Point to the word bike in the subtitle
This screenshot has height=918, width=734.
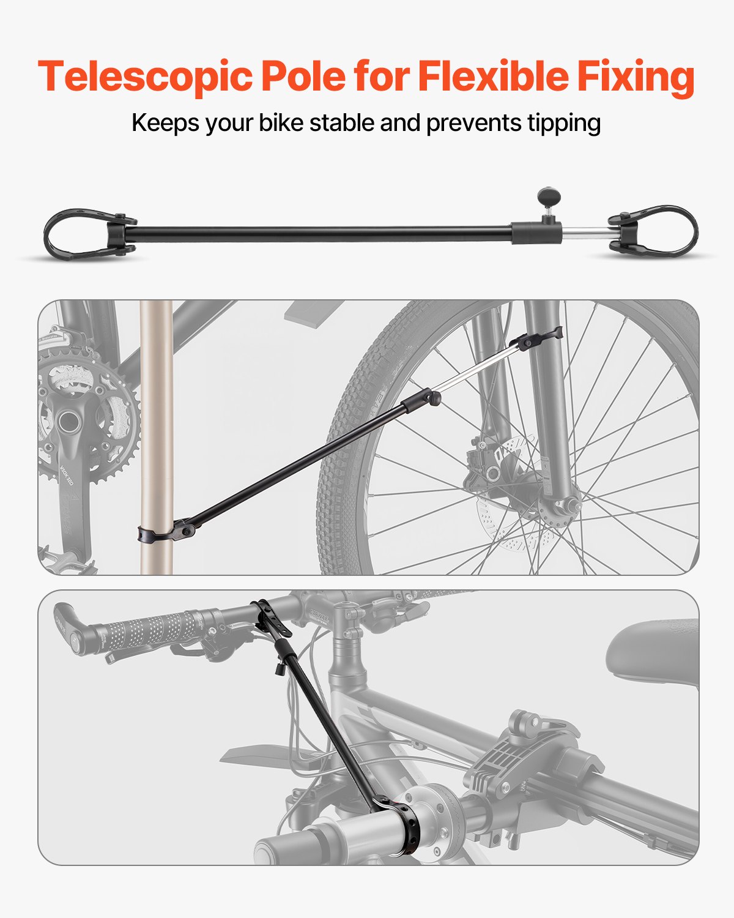[x=281, y=123]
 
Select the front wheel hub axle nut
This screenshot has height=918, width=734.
[x=566, y=506]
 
